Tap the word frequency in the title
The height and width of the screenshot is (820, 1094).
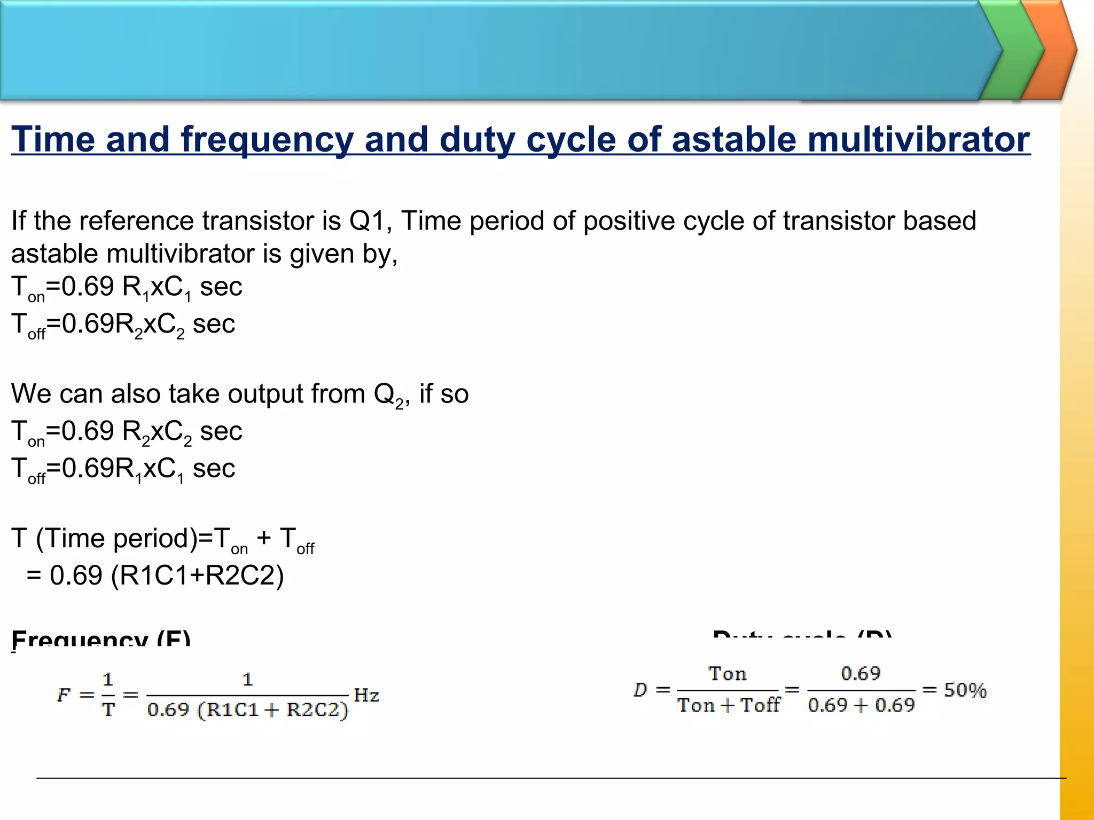click(x=267, y=140)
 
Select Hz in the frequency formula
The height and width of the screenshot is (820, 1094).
click(x=366, y=695)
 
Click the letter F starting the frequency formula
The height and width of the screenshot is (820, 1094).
click(x=64, y=695)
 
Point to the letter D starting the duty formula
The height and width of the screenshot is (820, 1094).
click(x=640, y=690)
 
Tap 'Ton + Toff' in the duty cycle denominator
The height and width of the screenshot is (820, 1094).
click(x=729, y=705)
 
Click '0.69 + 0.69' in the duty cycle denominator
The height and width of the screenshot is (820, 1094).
click(x=861, y=705)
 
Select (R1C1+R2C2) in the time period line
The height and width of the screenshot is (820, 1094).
click(x=197, y=575)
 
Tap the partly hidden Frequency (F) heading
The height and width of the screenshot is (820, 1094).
click(x=101, y=638)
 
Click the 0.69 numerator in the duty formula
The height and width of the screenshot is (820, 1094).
click(x=861, y=674)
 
